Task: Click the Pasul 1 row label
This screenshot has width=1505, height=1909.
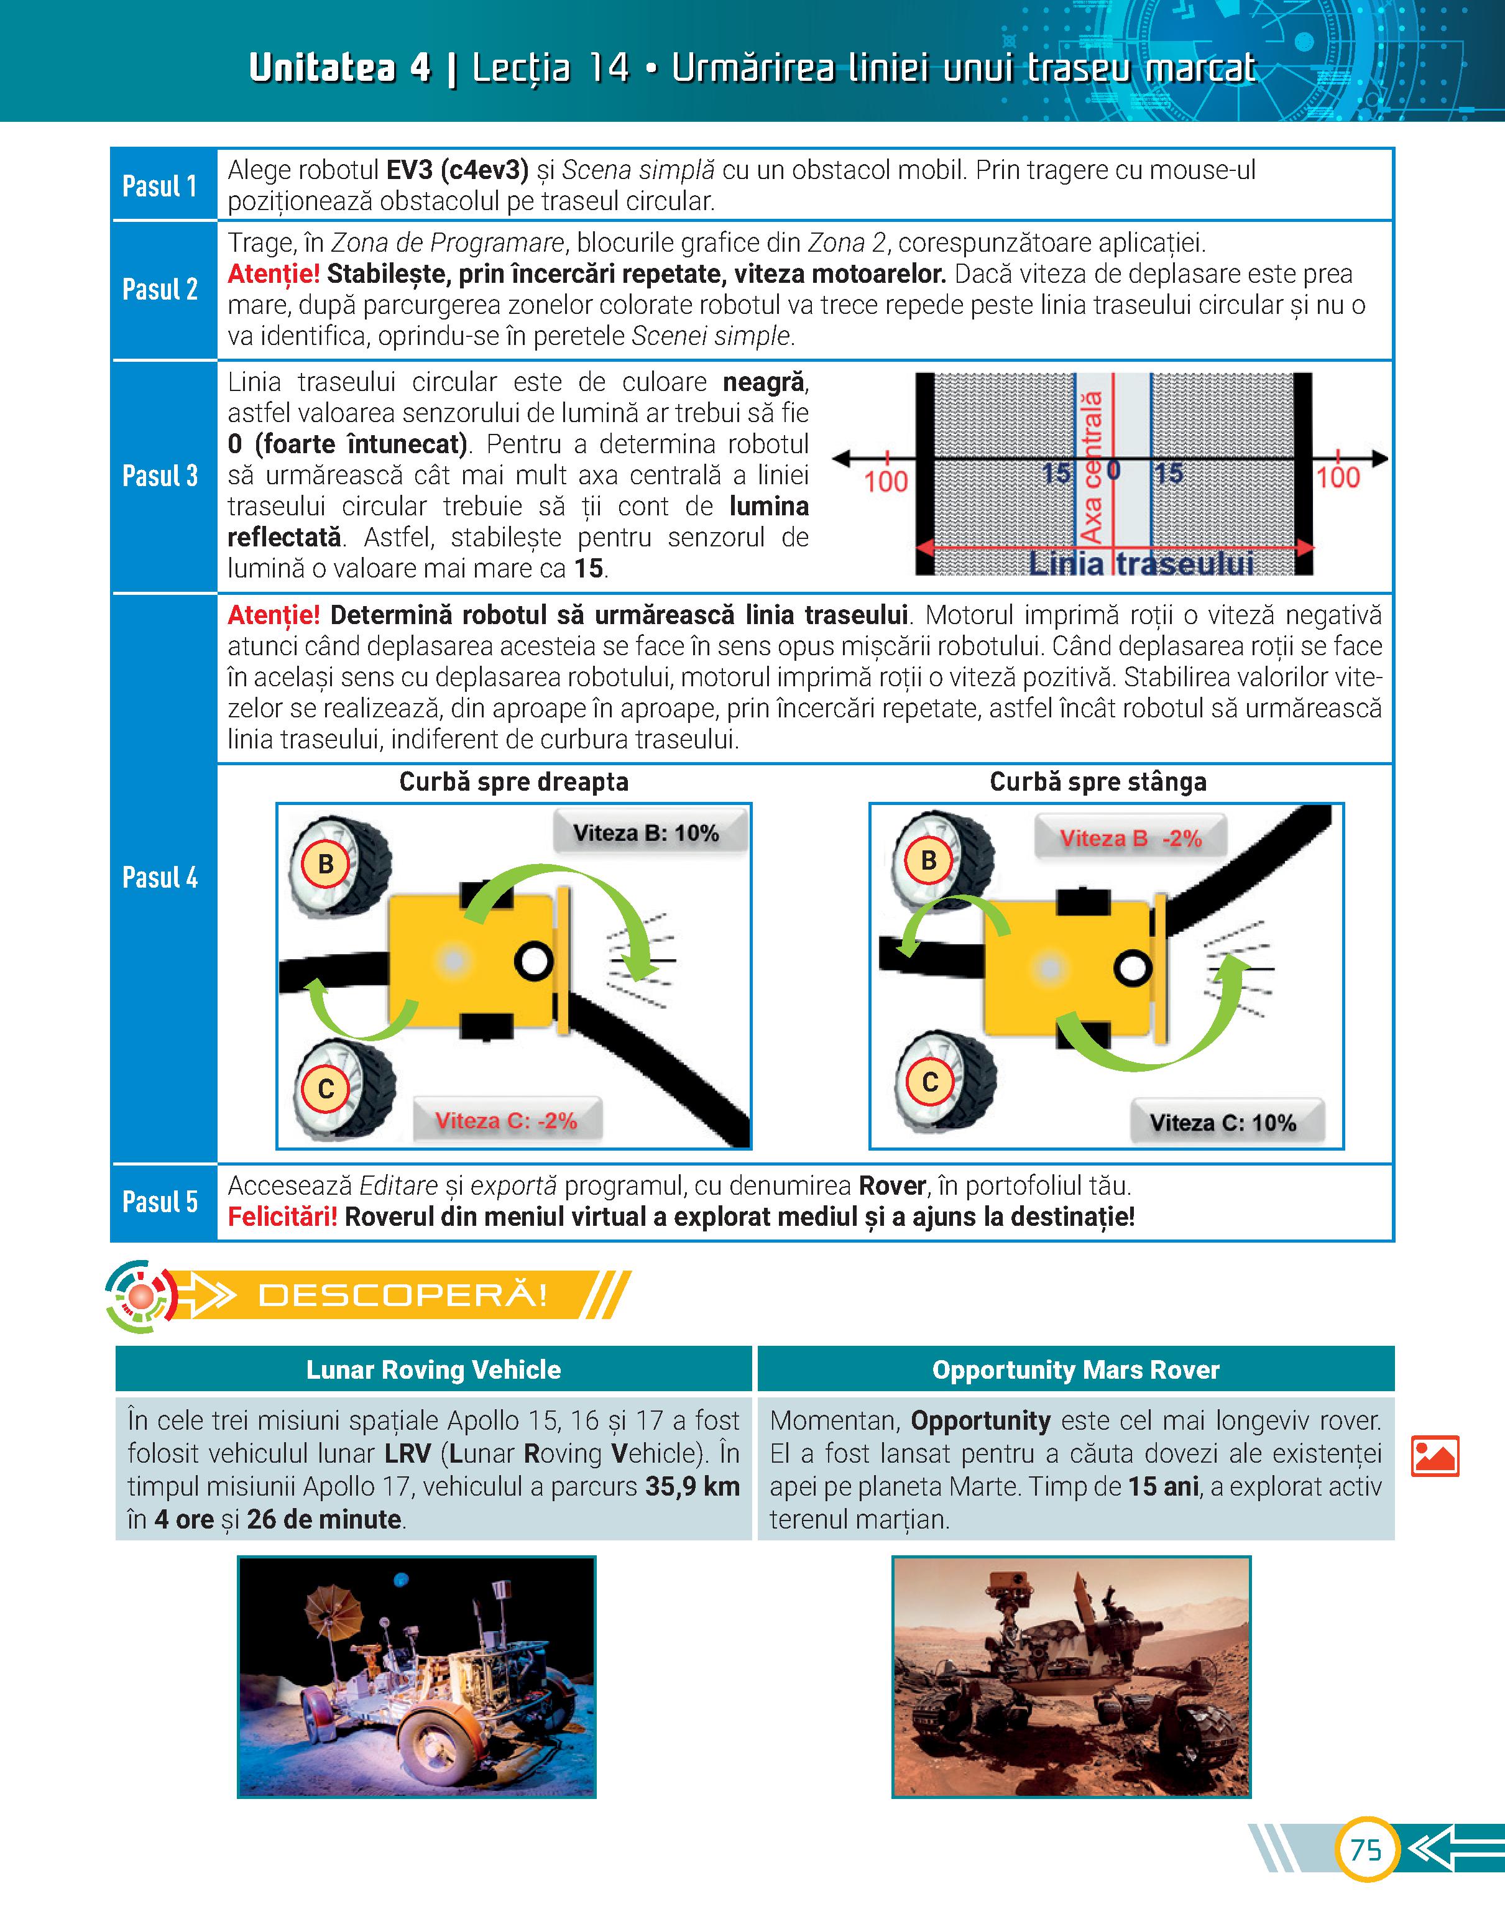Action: pos(160,186)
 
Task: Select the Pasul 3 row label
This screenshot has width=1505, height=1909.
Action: pos(160,476)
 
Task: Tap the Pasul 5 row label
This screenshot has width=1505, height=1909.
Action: pos(160,1202)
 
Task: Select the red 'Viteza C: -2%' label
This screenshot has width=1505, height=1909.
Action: pos(506,1121)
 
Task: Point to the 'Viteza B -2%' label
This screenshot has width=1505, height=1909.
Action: pos(1131,839)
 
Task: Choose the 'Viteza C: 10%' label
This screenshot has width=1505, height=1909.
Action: pos(1223,1123)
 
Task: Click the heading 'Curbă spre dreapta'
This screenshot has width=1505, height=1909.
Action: pos(513,781)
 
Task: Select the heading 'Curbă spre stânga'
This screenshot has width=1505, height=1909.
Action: pos(1098,781)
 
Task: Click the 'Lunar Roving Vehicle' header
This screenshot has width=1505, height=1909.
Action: pos(433,1370)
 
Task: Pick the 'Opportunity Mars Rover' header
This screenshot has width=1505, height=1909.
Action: pos(1076,1370)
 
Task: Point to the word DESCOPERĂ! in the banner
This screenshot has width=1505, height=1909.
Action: pos(403,1295)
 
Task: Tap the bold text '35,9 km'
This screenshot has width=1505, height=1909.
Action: pos(693,1486)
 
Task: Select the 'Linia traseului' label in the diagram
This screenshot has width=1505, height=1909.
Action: pos(1141,564)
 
